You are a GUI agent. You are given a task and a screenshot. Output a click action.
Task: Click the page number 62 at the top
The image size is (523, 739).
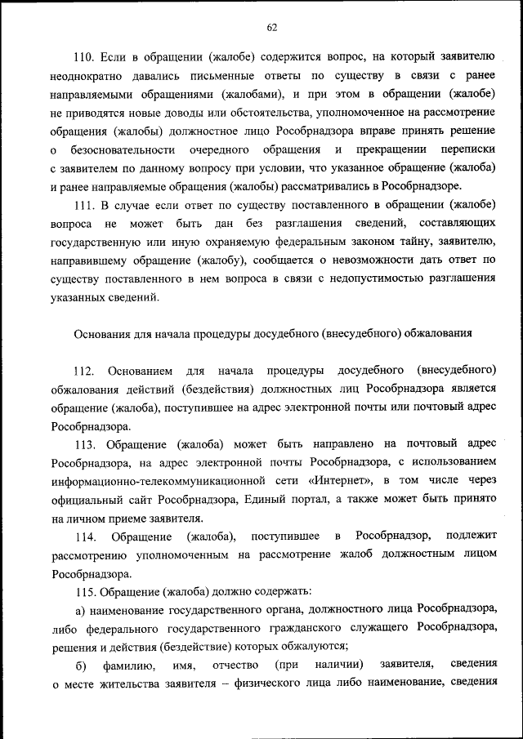pos(272,27)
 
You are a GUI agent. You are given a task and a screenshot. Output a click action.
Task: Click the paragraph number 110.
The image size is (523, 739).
pos(84,57)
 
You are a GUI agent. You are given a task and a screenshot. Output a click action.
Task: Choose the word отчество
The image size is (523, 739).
pos(235,666)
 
